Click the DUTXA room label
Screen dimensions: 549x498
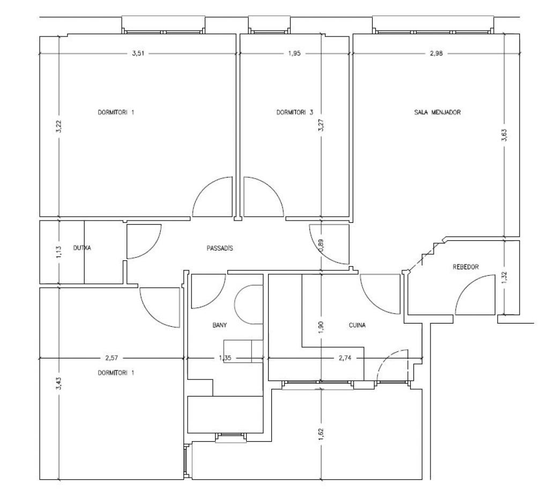(82, 248)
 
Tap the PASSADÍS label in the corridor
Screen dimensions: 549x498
(220, 248)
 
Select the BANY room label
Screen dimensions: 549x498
(219, 325)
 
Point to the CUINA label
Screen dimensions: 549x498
(357, 325)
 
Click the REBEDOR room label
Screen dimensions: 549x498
(466, 267)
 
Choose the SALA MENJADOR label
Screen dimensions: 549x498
(437, 113)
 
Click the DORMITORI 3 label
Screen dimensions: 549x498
(295, 113)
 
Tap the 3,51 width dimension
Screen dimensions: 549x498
(138, 54)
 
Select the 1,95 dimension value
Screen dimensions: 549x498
(294, 54)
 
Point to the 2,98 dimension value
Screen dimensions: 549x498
(436, 54)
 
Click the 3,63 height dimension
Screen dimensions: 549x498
(504, 135)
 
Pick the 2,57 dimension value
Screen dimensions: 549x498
(112, 358)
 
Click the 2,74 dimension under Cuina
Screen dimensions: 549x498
(345, 358)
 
